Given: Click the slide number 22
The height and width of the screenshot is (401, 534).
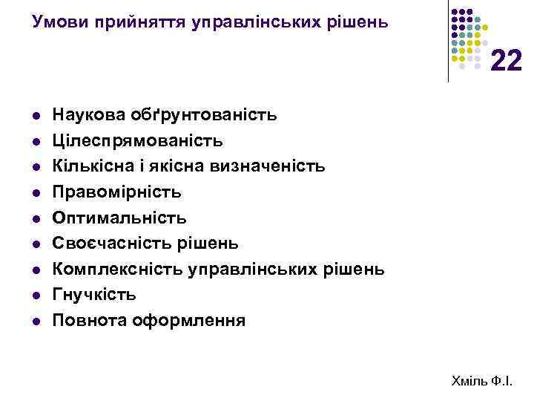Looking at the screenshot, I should click(x=507, y=60).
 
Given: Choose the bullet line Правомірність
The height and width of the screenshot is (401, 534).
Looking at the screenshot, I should click(x=117, y=192).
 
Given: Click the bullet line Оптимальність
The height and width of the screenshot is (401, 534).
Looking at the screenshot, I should click(x=120, y=218).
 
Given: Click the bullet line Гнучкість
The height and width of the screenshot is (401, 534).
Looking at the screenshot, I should click(x=94, y=295).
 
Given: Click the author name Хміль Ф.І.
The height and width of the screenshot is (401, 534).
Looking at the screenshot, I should click(x=481, y=381).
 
